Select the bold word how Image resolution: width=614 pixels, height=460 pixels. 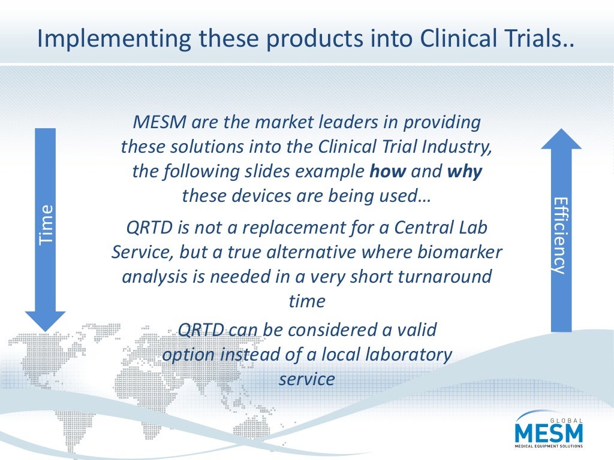pos(388,172)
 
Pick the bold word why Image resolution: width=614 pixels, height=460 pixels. pos(465,172)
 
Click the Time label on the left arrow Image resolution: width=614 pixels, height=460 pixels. pos(46,225)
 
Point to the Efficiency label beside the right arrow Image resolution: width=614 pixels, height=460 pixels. pos(560,235)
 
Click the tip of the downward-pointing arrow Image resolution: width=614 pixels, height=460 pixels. pos(45,329)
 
